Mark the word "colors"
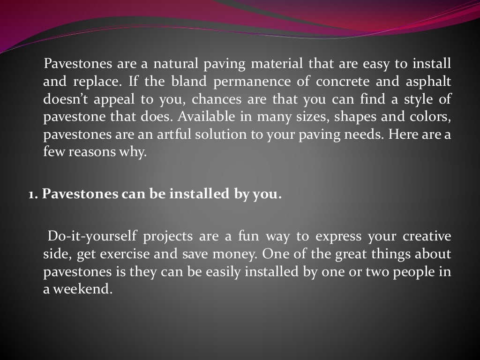(431, 116)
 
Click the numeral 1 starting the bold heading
(31, 194)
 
